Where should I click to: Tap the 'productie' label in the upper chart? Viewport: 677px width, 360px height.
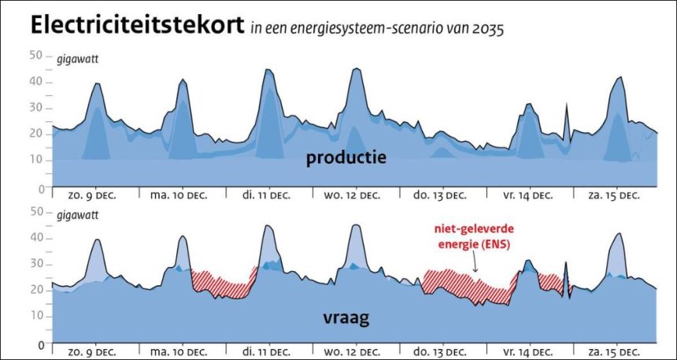346,158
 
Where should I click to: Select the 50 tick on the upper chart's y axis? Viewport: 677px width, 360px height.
35,54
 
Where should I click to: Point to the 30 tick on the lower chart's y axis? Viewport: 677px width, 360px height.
35,264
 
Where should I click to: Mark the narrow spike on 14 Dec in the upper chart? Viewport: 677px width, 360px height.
566,114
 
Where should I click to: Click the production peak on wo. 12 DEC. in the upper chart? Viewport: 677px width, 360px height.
357,71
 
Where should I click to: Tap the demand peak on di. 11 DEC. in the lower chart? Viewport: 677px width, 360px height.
268,228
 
